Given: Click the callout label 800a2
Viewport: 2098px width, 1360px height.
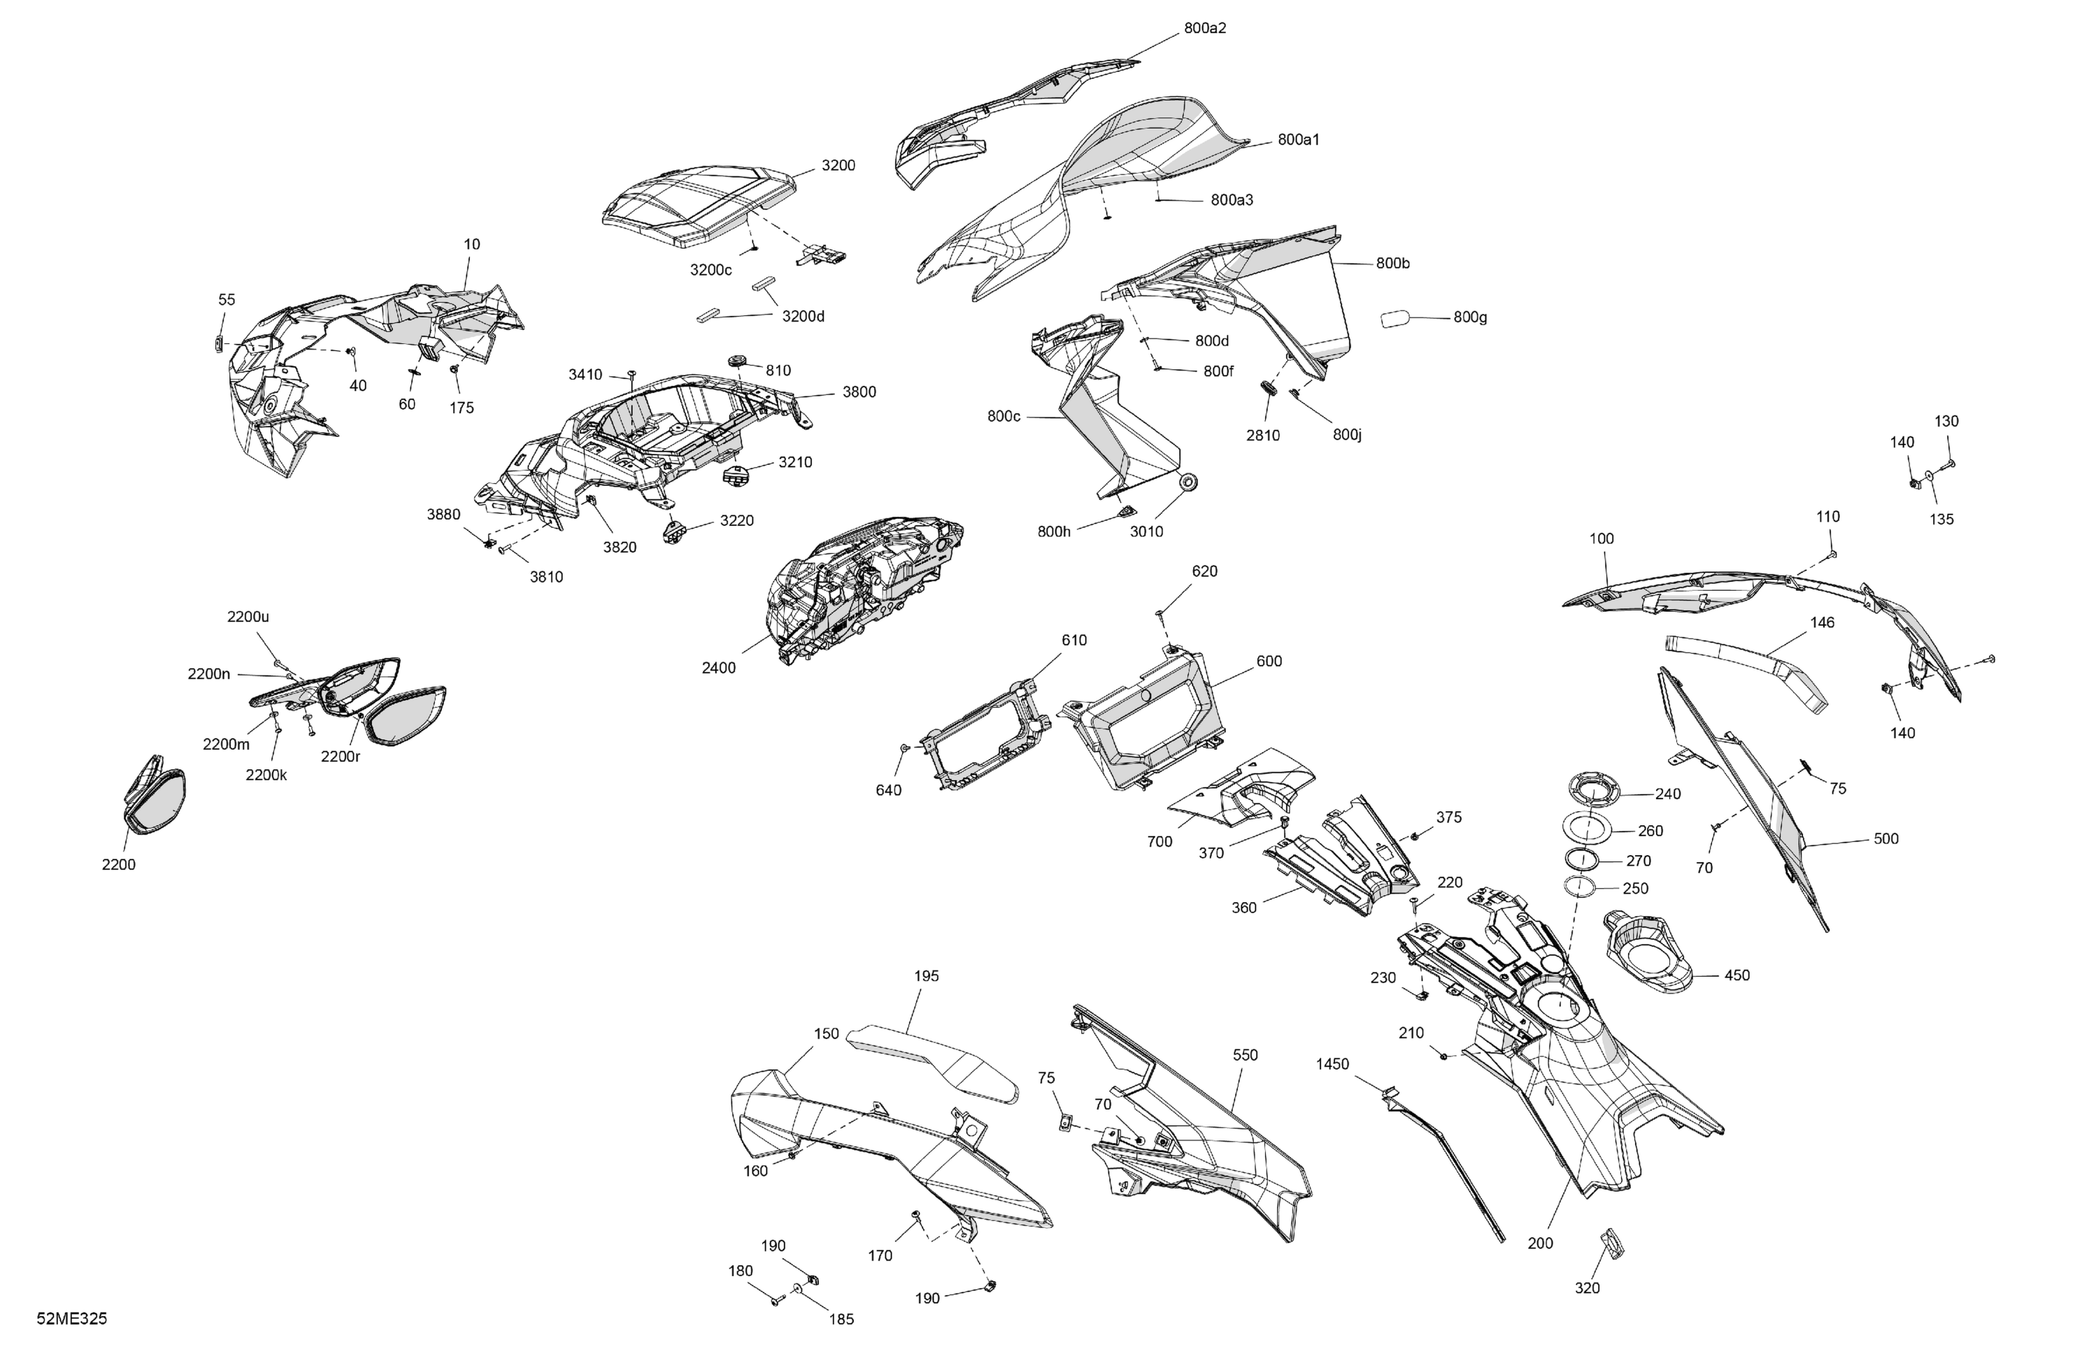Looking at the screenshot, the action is (x=1205, y=28).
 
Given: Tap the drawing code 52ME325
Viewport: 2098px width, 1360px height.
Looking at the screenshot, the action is (x=72, y=1319).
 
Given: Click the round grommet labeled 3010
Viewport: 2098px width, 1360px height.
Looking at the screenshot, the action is (x=1189, y=484).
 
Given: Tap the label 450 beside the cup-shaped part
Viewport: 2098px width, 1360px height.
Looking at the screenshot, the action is (x=1736, y=975).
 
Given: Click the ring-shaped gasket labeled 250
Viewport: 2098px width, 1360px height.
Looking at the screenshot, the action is (x=1583, y=887).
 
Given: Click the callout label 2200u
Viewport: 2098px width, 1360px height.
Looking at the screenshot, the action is (x=248, y=617).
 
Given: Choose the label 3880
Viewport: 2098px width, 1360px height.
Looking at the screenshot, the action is (x=443, y=515).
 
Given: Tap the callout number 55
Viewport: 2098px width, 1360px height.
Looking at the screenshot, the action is (x=227, y=300).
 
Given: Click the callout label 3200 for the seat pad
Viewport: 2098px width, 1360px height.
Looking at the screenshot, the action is (x=839, y=166).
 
